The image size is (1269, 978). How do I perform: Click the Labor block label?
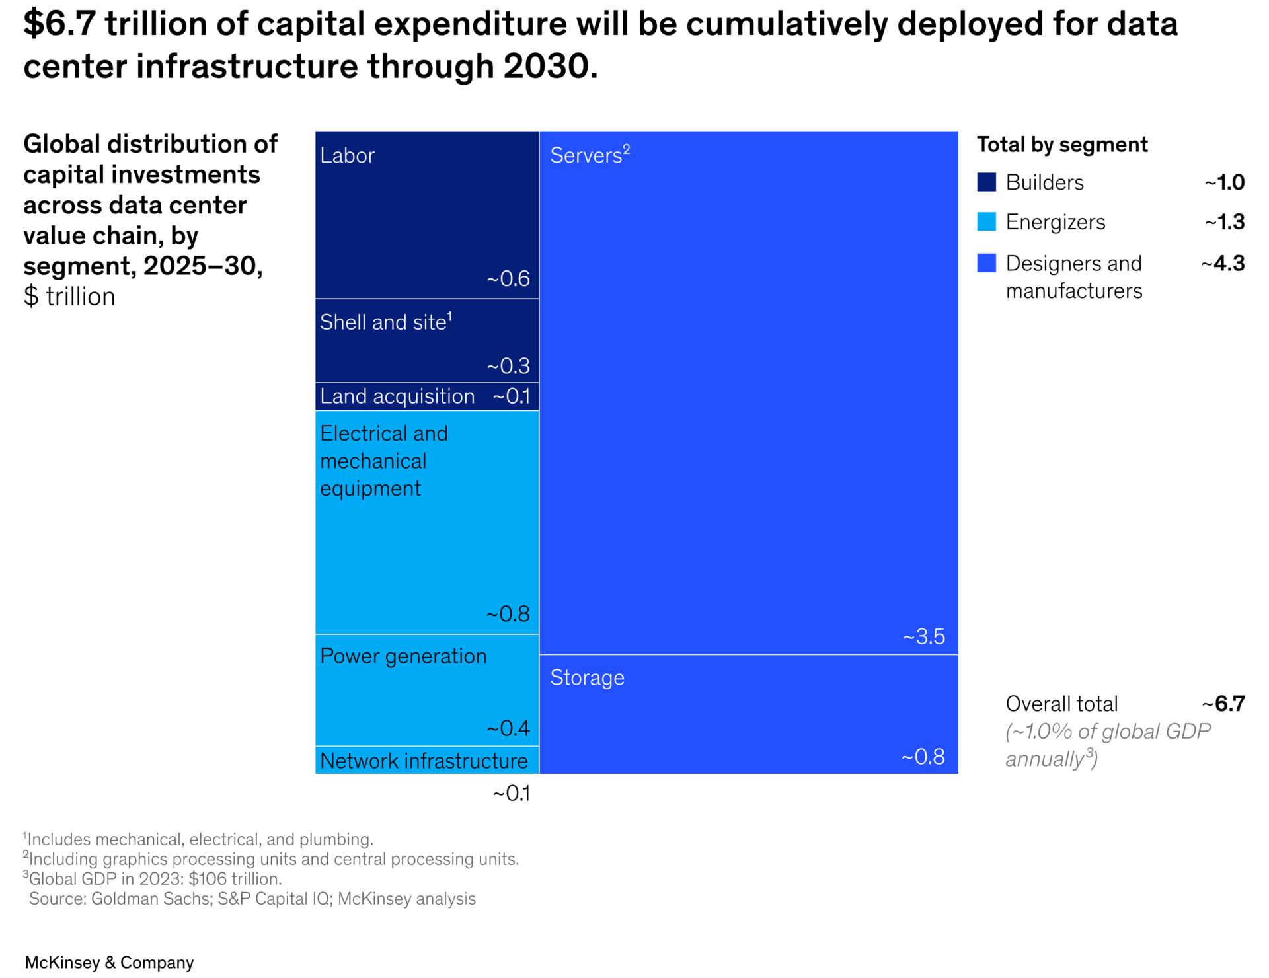[x=347, y=155]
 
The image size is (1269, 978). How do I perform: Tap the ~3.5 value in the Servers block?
[x=924, y=636]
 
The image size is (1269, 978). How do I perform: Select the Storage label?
[x=587, y=677]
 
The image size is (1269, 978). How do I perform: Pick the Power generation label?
[x=403, y=656]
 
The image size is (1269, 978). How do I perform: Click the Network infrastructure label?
[x=424, y=761]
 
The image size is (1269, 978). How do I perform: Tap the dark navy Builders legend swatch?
[x=986, y=182]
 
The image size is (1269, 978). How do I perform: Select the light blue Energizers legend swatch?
[x=986, y=222]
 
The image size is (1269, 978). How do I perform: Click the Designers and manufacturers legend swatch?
[x=986, y=263]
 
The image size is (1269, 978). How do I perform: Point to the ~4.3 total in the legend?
[x=1223, y=264]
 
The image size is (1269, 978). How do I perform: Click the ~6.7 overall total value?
[x=1223, y=704]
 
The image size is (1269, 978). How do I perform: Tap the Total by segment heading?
[x=1062, y=145]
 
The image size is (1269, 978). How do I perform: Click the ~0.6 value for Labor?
[x=508, y=279]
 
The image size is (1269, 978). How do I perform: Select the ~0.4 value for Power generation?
[x=508, y=728]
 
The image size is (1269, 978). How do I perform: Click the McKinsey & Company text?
[x=109, y=962]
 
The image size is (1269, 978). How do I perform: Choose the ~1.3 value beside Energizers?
[x=1224, y=222]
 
